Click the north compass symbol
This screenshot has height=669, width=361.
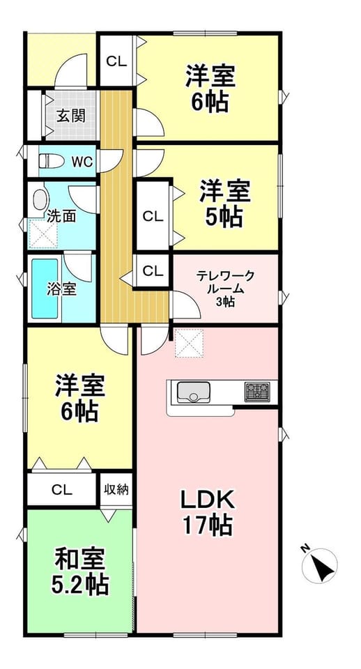coord(319,565)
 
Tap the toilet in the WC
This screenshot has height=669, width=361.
coord(51,161)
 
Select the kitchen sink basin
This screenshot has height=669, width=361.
coord(193,392)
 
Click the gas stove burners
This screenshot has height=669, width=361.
coord(257,392)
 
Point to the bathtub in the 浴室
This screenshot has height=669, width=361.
coord(45,289)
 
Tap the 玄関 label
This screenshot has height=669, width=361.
coord(70,115)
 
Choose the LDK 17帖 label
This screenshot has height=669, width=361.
coord(208,512)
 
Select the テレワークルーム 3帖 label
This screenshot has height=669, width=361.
coord(225,289)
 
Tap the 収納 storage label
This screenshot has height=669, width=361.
coord(116,489)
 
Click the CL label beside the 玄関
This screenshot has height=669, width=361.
coord(116,61)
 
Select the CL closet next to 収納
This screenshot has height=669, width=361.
coord(62,490)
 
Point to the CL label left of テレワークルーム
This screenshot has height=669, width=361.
coord(153,270)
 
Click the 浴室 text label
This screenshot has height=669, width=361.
coord(61,289)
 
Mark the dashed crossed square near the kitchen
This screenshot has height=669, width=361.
coord(189,344)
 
